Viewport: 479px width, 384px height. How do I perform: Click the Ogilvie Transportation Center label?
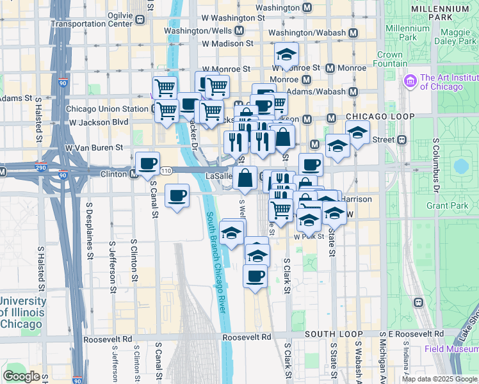point(96,19)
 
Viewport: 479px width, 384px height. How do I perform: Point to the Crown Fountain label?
point(389,59)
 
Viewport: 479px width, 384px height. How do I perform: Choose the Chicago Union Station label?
point(107,109)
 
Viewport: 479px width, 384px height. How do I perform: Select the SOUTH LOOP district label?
point(330,334)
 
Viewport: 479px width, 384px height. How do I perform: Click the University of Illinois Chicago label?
point(22,312)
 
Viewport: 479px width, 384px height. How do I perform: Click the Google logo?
point(21,376)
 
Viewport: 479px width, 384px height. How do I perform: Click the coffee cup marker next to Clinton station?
point(147,163)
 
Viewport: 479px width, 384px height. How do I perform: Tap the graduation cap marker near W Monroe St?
point(286,54)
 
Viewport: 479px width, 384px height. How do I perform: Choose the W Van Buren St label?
point(93,147)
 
